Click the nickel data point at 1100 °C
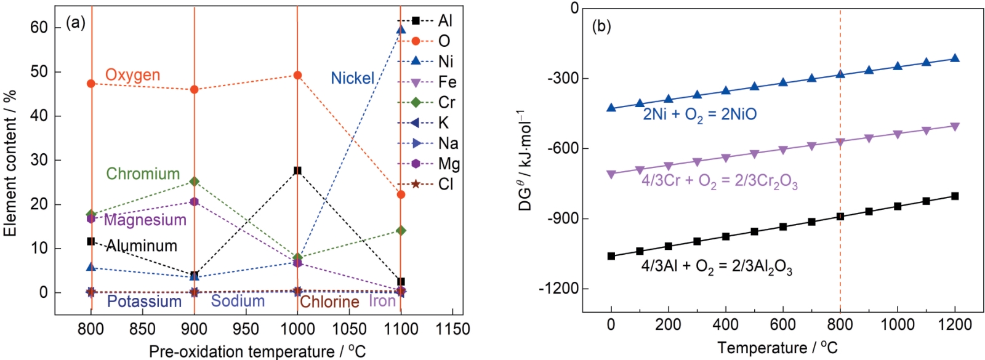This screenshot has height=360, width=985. click(401, 30)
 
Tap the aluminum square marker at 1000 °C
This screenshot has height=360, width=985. click(298, 170)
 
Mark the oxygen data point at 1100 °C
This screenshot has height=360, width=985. click(401, 194)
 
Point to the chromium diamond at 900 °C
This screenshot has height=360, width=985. click(195, 182)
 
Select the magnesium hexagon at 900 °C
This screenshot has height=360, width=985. click(195, 201)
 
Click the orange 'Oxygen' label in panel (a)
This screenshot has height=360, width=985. click(132, 75)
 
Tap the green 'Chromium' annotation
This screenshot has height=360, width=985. click(143, 174)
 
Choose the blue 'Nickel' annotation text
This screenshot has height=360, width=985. click(352, 78)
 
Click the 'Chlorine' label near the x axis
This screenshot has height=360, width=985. click(329, 302)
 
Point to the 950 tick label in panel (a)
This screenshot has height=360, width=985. click(246, 329)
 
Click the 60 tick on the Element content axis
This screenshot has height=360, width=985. click(39, 28)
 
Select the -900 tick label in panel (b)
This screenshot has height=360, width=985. click(558, 219)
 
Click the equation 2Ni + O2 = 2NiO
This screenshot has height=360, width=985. click(700, 114)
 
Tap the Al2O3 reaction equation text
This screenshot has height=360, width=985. click(717, 267)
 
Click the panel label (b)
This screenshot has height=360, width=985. click(601, 26)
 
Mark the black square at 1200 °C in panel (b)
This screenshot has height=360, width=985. click(955, 196)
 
